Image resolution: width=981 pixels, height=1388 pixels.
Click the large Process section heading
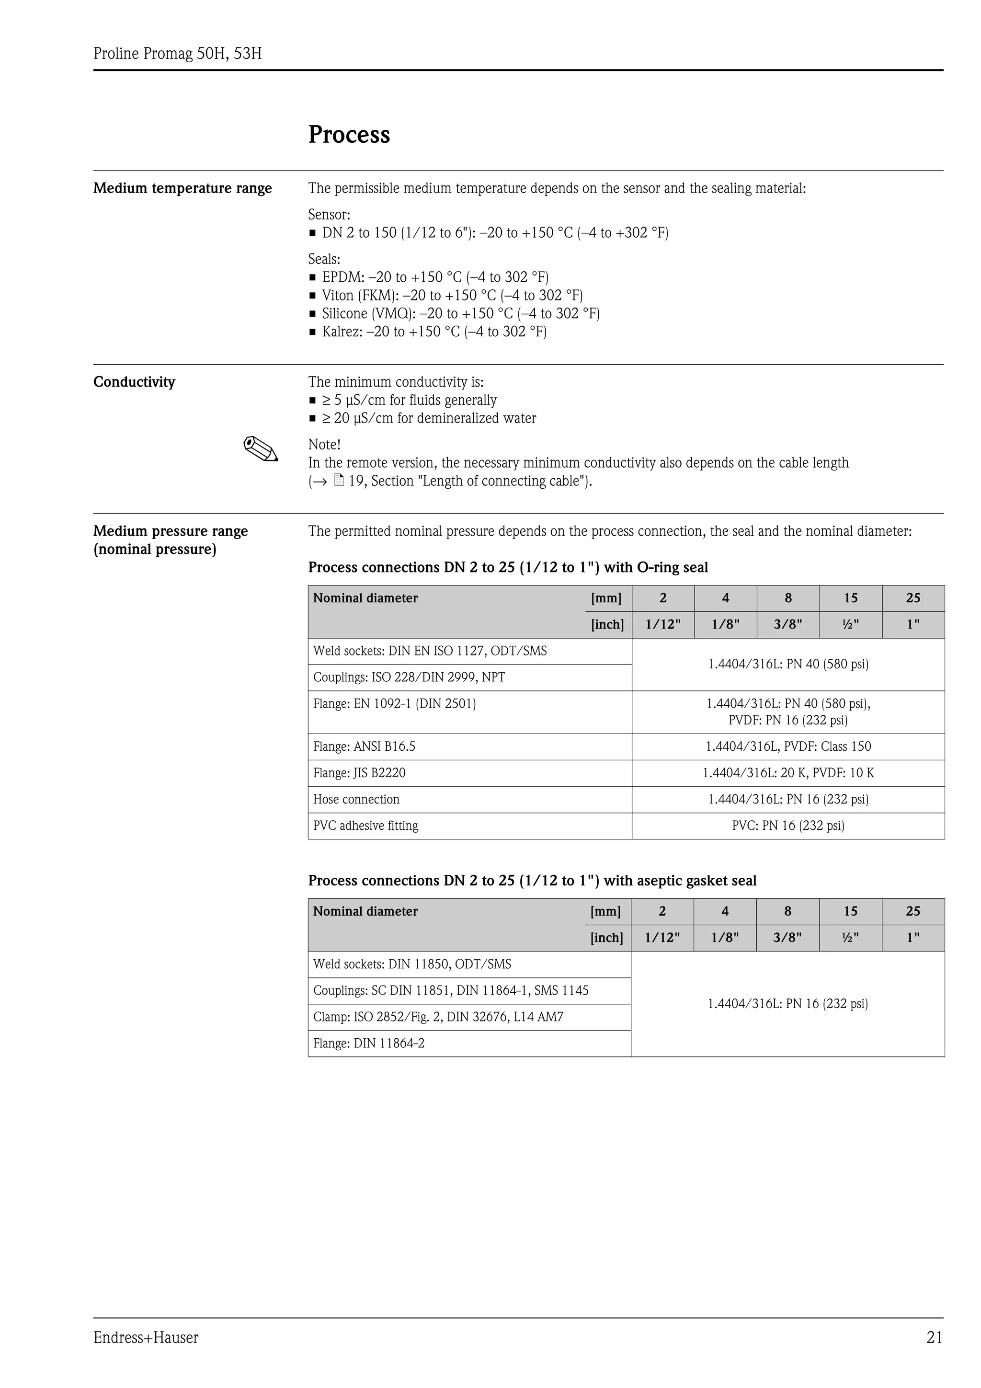tap(349, 134)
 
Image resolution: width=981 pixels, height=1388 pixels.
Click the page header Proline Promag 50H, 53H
tap(177, 54)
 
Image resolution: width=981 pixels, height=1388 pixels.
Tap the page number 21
tap(934, 1337)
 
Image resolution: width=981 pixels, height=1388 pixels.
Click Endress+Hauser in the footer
tap(146, 1337)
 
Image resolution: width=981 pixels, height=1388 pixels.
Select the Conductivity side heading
tap(134, 382)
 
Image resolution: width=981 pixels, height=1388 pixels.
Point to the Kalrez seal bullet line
tap(433, 332)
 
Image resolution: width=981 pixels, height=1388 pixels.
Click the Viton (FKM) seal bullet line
tap(452, 296)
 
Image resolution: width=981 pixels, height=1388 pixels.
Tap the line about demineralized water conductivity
tap(429, 418)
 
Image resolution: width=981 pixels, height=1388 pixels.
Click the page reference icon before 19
tap(339, 481)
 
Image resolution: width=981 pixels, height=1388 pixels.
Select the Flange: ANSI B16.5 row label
tap(364, 746)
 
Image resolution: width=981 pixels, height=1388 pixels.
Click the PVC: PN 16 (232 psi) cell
tap(787, 826)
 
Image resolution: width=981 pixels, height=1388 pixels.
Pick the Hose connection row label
tap(356, 799)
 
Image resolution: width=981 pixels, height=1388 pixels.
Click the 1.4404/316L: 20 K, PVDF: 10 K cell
tap(787, 773)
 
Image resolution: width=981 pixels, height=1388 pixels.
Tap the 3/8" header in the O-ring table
tap(787, 624)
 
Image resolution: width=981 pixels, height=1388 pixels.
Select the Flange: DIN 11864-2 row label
tap(369, 1043)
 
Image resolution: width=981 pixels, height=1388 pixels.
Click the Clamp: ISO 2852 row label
tap(438, 1017)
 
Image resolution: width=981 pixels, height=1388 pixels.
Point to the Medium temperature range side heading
tap(183, 189)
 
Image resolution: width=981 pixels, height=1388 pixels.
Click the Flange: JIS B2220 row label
tap(359, 773)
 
